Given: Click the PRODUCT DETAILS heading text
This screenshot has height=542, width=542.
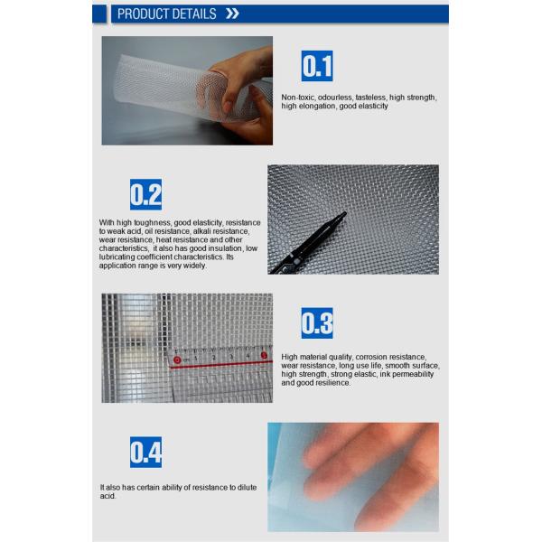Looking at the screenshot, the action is pos(166,14).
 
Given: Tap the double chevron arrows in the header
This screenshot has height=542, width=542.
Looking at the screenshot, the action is pos(232,14).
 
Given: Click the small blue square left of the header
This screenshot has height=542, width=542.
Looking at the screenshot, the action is pos(99,14).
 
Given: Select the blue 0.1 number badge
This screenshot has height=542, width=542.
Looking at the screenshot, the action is pos(317,66).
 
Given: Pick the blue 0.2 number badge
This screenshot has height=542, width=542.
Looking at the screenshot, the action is pos(145,194).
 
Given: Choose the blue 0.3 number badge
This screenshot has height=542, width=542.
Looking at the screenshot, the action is pos(317,322).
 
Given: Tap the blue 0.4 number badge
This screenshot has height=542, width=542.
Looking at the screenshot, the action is pos(145,452).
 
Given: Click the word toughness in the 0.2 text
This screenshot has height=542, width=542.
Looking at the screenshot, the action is pos(154,222).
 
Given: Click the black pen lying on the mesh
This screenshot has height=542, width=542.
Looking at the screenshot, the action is pos(308,243).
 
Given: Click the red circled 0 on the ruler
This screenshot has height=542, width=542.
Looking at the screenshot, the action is pos(177,360).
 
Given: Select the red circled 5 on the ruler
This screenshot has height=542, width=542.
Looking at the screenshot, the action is pos(264,355).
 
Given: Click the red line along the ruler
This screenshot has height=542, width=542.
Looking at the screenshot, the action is pos(221,364).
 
